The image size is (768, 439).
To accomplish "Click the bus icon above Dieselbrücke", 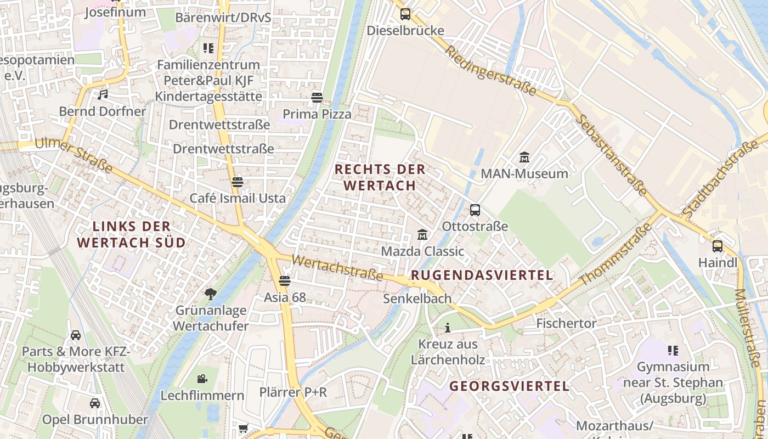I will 405,14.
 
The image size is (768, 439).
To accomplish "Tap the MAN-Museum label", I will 524,174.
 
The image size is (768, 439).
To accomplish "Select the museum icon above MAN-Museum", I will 524,157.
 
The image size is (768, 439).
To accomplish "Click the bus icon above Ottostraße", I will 475,210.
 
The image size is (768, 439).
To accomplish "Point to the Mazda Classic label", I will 422,251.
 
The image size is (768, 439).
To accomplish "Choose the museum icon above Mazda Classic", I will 422,235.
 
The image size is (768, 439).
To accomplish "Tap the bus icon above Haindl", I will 718,246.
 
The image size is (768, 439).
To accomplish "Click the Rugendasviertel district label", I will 482,275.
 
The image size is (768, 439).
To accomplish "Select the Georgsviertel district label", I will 510,386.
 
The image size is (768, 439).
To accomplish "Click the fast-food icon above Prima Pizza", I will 317,98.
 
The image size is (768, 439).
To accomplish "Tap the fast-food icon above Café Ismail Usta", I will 238,182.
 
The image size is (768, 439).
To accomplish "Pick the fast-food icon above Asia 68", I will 284,281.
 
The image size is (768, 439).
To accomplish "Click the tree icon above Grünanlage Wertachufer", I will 211,294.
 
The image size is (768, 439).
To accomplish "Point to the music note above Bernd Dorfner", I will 103,94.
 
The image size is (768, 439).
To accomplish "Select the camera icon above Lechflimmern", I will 202,379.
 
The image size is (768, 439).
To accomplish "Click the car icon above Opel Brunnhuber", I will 95,403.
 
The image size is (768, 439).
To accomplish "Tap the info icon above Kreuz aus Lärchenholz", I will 448,328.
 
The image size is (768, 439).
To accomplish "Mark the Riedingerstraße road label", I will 490,70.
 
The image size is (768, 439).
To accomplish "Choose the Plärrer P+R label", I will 293,392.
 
